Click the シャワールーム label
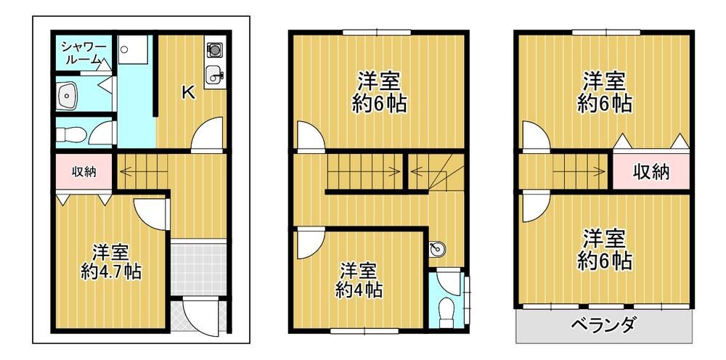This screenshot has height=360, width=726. pyautogui.click(x=83, y=53)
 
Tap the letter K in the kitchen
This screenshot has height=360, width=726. pyautogui.click(x=187, y=93)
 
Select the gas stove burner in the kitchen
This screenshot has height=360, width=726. pyautogui.click(x=214, y=49)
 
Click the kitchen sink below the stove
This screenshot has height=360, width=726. pyautogui.click(x=214, y=75)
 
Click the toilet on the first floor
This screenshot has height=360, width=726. pyautogui.click(x=71, y=135)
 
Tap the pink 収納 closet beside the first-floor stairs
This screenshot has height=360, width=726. pyautogui.click(x=83, y=171)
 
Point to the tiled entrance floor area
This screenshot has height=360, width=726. pyautogui.click(x=199, y=267)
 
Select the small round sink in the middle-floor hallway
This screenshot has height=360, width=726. pyautogui.click(x=437, y=250)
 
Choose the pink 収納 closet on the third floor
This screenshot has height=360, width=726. pyautogui.click(x=651, y=172)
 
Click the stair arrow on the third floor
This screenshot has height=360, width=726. pyautogui.click(x=579, y=171)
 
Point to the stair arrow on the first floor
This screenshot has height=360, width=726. pyautogui.click(x=144, y=171)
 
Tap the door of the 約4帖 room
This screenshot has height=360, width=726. pyautogui.click(x=311, y=243)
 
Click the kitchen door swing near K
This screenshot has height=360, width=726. pyautogui.click(x=207, y=134)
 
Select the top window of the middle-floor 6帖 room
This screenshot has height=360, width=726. pyautogui.click(x=377, y=32)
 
